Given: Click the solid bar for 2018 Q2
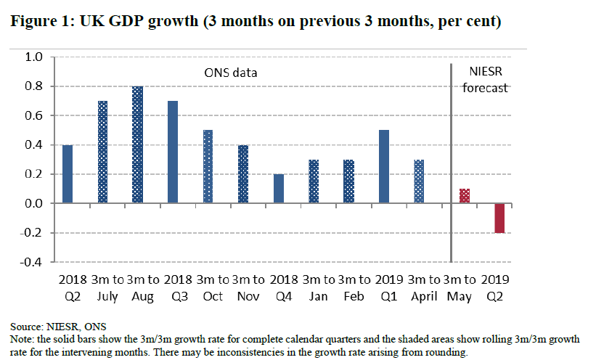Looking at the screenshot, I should (x=68, y=174).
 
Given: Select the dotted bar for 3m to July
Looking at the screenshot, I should (x=103, y=152).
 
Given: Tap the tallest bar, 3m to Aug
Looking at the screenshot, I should (x=138, y=145).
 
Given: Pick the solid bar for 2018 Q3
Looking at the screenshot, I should (x=173, y=152).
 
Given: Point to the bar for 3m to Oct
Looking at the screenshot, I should (x=208, y=167).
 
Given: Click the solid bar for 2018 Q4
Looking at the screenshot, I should (x=278, y=189).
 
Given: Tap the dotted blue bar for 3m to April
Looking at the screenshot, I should (x=418, y=181).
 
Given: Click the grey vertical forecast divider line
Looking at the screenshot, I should (x=452, y=160).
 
